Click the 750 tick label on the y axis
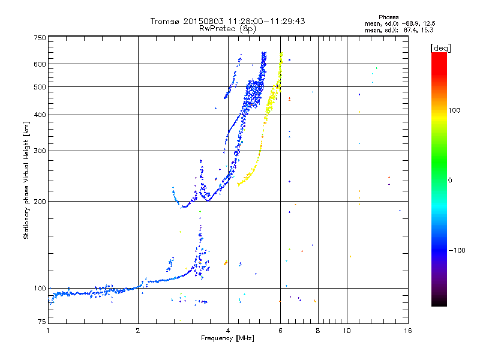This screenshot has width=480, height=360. (40, 37)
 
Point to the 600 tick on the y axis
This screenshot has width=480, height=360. (40, 64)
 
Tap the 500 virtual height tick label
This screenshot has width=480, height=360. (40, 86)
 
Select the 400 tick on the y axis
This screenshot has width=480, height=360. (40, 115)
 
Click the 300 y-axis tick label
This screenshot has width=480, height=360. (40, 151)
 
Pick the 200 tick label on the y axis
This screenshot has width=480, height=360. (40, 201)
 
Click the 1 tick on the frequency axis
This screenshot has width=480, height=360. (49, 329)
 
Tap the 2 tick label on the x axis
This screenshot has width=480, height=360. (138, 329)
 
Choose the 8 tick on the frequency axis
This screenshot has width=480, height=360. (318, 329)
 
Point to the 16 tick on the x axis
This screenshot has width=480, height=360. (407, 329)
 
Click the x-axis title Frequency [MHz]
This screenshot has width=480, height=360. (228, 338)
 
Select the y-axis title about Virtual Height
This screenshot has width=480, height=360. (26, 180)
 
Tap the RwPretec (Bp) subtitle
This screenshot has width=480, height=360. (228, 28)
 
